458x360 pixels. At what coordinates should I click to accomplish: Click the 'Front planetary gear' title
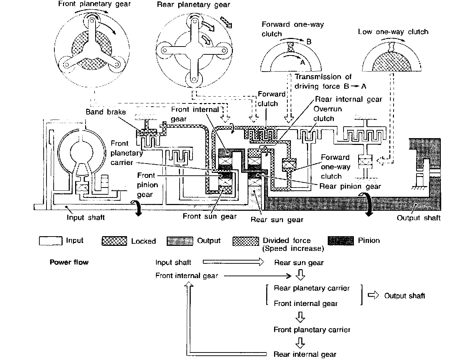point(94,4)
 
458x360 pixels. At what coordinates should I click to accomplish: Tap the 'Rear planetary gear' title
point(194,4)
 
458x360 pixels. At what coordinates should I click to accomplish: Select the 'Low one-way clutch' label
point(393,32)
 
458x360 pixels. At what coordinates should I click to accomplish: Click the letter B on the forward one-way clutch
point(309,42)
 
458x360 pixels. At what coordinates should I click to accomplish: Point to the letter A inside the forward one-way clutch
point(303,62)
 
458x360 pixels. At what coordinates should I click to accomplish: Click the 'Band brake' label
point(106,112)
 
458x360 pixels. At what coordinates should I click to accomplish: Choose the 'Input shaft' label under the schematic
point(86,217)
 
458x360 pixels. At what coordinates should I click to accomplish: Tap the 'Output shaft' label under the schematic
point(419,218)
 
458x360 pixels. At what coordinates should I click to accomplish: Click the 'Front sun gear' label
point(210,216)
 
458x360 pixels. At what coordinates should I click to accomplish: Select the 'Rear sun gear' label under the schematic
point(277,220)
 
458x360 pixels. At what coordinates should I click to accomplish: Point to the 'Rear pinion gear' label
point(350,186)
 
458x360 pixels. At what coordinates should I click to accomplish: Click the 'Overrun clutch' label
point(327,114)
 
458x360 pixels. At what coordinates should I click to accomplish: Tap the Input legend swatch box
point(50,241)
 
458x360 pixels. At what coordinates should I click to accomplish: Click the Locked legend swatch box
point(114,241)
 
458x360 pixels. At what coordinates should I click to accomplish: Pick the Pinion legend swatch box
point(341,241)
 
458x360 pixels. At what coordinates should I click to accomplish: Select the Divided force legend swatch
point(246,241)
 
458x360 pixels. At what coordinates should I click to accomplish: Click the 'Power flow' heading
point(69,262)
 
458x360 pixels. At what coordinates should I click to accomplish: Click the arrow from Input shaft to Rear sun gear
point(233,262)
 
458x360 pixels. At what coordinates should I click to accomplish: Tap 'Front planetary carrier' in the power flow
point(312,330)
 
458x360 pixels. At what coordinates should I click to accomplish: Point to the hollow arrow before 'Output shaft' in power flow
point(373,295)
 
